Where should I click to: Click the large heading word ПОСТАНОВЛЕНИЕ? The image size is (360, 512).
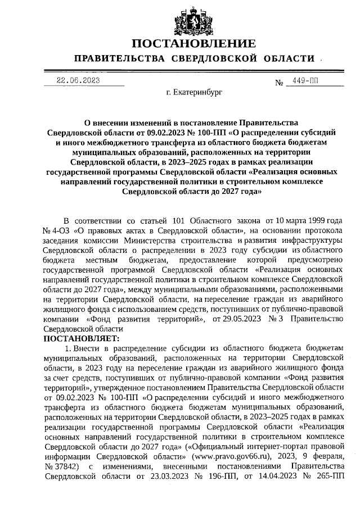tap(194, 44)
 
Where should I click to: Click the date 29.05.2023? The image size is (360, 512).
tap(233, 319)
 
